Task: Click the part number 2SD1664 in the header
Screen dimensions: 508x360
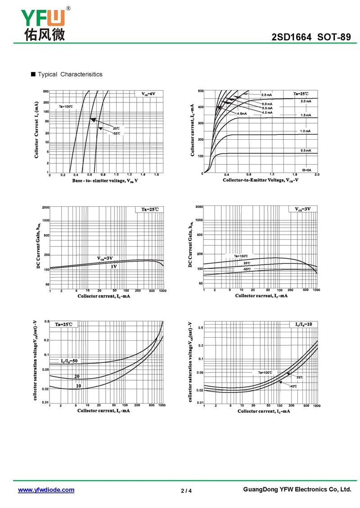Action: click(292, 38)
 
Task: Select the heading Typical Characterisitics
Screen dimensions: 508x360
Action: click(70, 74)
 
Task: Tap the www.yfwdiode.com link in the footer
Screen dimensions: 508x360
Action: click(46, 490)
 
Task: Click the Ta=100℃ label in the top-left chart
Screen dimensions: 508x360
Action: click(65, 107)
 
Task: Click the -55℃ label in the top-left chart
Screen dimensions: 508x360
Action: click(116, 134)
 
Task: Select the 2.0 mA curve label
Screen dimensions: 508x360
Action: click(306, 102)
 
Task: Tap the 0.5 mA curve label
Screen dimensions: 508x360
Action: click(306, 150)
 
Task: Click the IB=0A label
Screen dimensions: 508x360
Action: click(306, 170)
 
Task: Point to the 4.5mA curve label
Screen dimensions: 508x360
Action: click(242, 114)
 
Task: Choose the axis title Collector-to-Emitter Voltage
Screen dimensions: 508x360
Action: click(261, 180)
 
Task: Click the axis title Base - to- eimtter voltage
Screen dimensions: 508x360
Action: click(105, 180)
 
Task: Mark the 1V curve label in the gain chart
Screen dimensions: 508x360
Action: click(114, 267)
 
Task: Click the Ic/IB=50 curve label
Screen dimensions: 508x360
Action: click(70, 361)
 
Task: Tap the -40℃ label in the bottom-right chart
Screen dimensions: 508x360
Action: click(293, 386)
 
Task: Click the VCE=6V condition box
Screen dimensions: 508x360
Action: click(148, 94)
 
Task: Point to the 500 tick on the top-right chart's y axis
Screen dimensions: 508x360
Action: click(200, 91)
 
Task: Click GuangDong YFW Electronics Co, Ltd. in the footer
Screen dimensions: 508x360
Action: click(297, 490)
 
